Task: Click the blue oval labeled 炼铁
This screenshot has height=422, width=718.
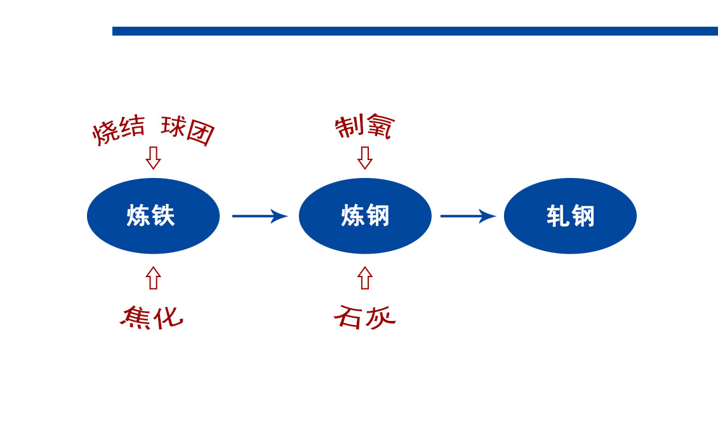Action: click(154, 216)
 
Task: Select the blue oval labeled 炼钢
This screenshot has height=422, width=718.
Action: click(365, 216)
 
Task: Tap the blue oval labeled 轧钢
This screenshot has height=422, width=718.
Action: click(570, 216)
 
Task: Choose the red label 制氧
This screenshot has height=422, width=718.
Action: click(364, 126)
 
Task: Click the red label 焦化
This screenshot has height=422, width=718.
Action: click(152, 317)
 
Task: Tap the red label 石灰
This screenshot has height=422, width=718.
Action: click(364, 316)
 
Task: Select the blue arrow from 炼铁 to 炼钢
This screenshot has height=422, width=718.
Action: click(260, 216)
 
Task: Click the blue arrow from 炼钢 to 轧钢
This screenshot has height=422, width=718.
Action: click(469, 216)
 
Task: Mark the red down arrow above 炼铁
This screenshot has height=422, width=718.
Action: click(153, 158)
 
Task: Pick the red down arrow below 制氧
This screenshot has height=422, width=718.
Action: click(365, 158)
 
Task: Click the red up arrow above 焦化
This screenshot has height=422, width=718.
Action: click(154, 278)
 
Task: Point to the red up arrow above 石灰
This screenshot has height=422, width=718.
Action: click(365, 278)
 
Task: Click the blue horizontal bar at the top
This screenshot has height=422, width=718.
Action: click(415, 31)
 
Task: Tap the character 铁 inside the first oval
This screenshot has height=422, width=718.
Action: click(164, 216)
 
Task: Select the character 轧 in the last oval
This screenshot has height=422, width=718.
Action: click(558, 216)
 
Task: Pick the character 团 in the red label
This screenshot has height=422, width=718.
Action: click(201, 133)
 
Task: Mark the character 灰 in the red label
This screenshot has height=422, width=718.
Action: click(380, 317)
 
